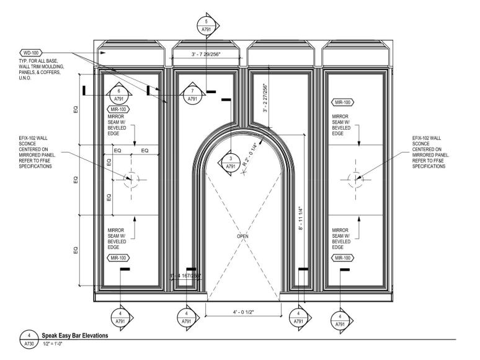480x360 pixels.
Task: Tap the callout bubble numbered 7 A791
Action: pyautogui.click(x=192, y=94)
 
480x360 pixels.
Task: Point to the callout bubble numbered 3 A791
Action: pyautogui.click(x=231, y=163)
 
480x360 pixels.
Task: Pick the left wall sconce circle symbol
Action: pyautogui.click(x=130, y=180)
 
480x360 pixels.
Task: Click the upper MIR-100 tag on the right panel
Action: pyautogui.click(x=343, y=102)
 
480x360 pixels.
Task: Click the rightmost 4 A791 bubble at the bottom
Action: pyautogui.click(x=340, y=320)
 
